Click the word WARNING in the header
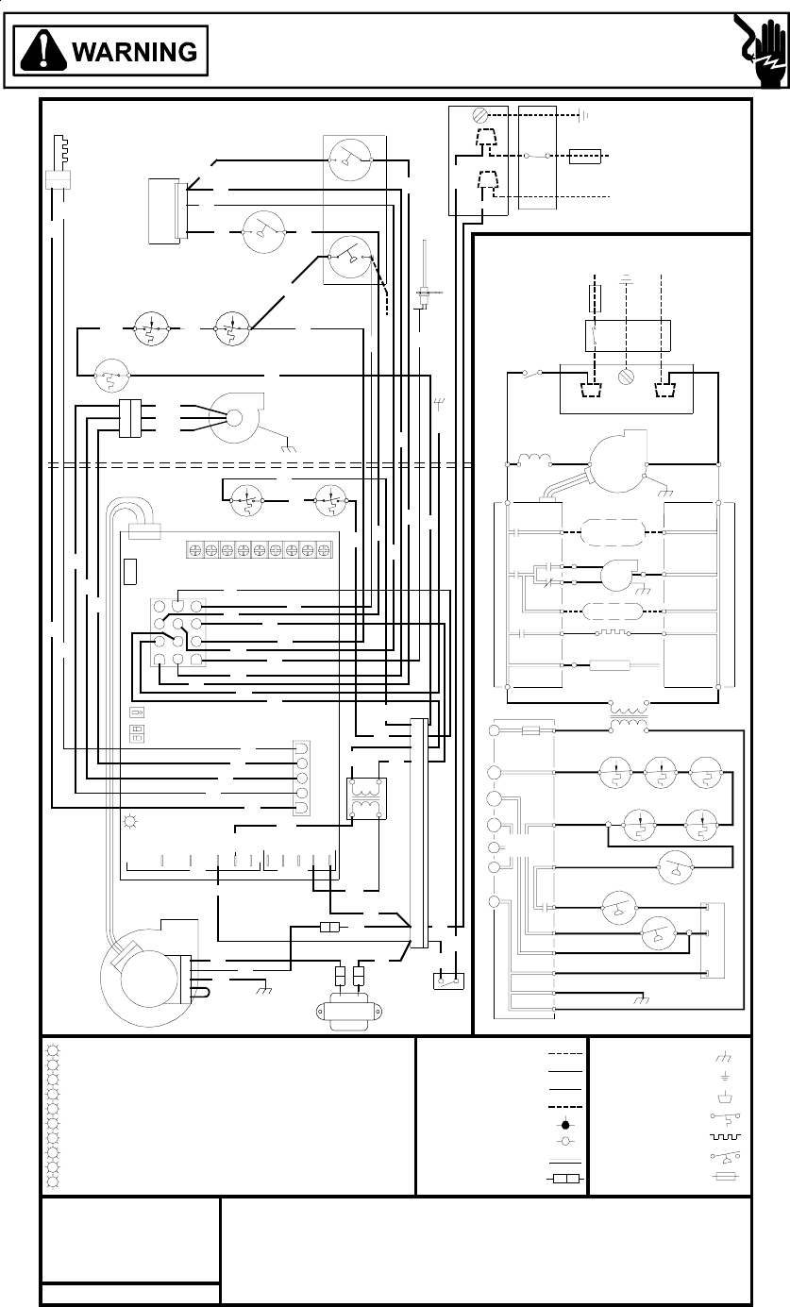[135, 51]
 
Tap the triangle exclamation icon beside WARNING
[45, 51]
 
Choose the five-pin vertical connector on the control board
[301, 779]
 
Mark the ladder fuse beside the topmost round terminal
[529, 730]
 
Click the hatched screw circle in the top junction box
[479, 117]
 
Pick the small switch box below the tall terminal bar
[446, 980]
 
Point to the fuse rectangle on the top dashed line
[584, 155]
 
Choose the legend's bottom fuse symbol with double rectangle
[565, 1180]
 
